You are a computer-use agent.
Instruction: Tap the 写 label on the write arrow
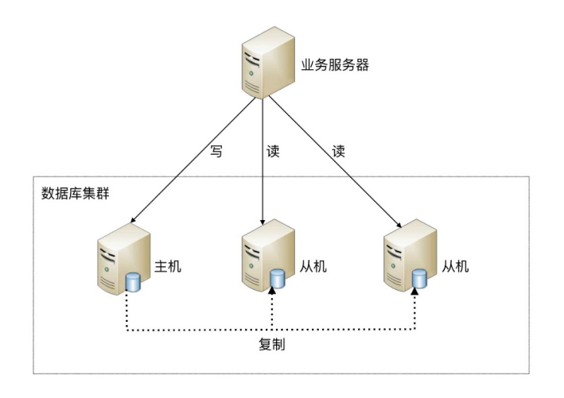click(x=216, y=151)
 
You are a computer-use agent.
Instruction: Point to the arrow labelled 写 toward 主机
click(x=191, y=158)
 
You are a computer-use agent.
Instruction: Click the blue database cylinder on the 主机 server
click(x=132, y=280)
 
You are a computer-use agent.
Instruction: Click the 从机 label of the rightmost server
click(x=456, y=265)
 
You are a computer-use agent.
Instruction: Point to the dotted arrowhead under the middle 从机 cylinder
click(x=273, y=293)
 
